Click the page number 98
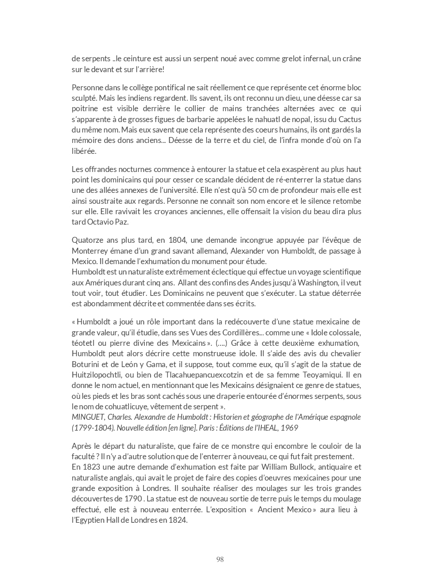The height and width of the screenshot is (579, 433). [x=220, y=559]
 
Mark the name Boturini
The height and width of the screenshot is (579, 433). [x=86, y=364]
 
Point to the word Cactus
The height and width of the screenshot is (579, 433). [x=350, y=119]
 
